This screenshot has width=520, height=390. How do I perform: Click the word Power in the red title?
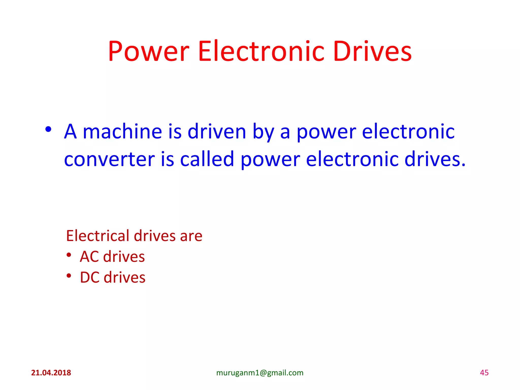149,52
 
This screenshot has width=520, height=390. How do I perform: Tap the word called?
207,159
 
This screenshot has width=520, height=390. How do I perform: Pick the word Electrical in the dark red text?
98,236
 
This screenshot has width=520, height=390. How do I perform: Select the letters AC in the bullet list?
89,256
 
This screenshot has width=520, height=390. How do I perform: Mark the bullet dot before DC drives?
69,275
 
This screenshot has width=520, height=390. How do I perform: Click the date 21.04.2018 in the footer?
51,373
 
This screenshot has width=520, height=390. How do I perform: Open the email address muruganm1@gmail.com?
260,373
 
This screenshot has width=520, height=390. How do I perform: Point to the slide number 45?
484,373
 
